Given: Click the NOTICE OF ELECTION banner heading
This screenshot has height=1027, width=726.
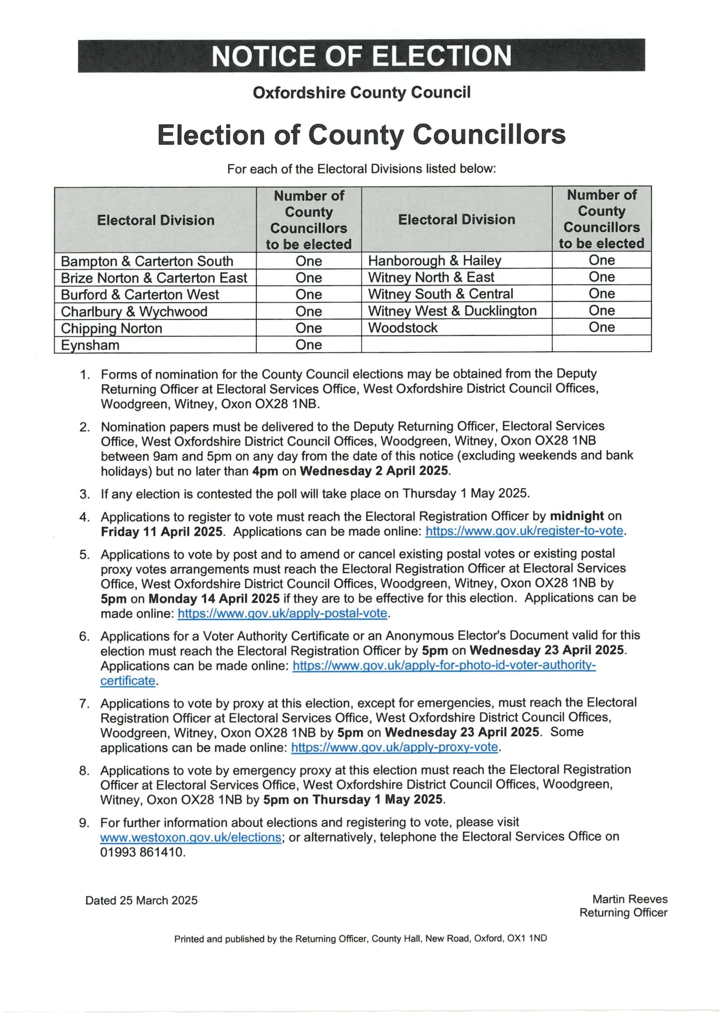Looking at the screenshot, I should tap(361, 56).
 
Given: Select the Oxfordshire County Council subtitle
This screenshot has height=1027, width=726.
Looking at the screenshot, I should tap(361, 93).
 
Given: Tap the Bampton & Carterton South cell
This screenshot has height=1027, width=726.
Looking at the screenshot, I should tap(147, 261).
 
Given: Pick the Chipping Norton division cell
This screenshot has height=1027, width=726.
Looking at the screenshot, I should tap(112, 328).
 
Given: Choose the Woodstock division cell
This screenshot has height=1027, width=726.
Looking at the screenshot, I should tap(403, 327).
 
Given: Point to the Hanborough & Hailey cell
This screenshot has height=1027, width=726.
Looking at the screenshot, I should tap(434, 260).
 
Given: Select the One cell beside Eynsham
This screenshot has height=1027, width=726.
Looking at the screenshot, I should tap(309, 345).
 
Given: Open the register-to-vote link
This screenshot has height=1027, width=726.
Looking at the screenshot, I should tap(524, 531).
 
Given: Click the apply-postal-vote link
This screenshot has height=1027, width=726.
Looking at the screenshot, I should tap(282, 613).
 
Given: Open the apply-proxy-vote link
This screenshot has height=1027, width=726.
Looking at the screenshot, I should tap(395, 747).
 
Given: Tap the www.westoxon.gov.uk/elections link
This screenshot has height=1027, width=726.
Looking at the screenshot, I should tap(191, 837).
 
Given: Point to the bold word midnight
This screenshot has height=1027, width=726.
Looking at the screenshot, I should tap(577, 516).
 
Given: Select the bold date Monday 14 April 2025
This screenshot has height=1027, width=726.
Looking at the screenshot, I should tap(214, 599).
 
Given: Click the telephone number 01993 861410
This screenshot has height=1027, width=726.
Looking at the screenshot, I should tap(143, 852).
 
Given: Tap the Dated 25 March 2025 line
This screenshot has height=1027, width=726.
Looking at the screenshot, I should tap(141, 900).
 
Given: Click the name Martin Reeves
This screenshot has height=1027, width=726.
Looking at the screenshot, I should tap(629, 899).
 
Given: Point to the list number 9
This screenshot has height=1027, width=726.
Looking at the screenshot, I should tap(84, 822).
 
